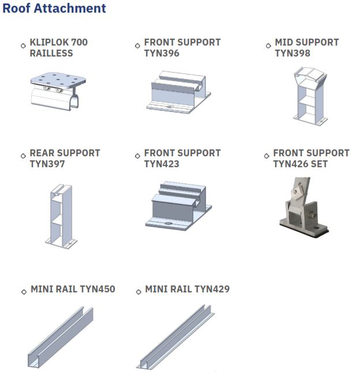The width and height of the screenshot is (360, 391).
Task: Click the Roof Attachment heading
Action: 54,8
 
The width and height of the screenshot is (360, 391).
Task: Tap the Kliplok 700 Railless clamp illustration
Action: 58,91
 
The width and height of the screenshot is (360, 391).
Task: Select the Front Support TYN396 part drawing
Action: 178,92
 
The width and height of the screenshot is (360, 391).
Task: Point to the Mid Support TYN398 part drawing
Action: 310,96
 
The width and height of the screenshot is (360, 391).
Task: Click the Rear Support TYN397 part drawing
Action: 61,216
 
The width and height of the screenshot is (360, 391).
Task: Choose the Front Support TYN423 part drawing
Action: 178,206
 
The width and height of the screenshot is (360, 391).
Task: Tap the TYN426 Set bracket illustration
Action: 303,208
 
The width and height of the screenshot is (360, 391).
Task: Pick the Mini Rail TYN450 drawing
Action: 61,337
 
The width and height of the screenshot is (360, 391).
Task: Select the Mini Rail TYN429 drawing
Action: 175,337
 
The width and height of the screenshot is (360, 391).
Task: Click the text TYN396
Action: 162,54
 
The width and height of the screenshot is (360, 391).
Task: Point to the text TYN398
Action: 292,54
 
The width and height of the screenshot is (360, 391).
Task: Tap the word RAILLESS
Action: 51,54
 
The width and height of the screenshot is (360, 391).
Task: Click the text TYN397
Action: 47,164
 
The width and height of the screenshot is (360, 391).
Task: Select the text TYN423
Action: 162,164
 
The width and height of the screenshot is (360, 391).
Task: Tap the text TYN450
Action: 98,290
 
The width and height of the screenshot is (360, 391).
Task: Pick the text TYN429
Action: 212,290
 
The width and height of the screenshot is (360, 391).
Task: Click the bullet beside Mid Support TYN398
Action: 268,46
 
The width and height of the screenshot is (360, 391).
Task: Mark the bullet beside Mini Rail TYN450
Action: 24,292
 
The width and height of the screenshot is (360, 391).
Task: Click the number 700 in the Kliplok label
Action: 80,43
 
